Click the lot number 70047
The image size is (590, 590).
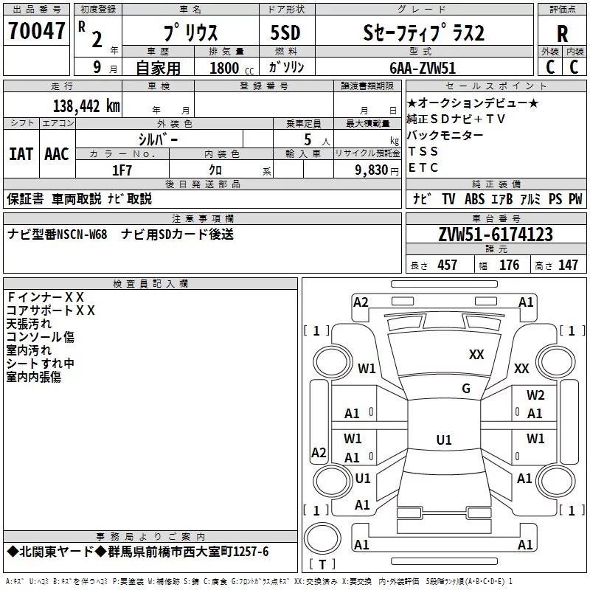(x=36, y=31)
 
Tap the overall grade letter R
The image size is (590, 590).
(x=562, y=34)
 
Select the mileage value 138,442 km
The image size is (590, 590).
(x=86, y=106)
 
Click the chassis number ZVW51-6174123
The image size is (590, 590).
(x=496, y=235)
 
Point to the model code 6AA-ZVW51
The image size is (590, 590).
(x=423, y=68)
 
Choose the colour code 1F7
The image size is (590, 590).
(x=122, y=170)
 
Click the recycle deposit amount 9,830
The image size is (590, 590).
(x=372, y=170)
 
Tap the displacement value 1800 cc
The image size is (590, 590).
(x=232, y=68)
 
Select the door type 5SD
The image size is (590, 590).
(x=285, y=32)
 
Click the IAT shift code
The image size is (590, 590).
(x=21, y=154)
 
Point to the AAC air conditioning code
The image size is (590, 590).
(x=57, y=154)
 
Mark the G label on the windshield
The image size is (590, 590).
(x=466, y=388)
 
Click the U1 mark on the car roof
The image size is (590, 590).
(x=444, y=440)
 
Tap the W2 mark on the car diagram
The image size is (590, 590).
(x=535, y=395)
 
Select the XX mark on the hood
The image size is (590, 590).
(x=476, y=354)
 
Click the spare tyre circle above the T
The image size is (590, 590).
(x=322, y=538)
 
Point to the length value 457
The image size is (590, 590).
(x=447, y=265)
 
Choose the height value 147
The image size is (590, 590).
(x=568, y=265)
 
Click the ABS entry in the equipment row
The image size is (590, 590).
(x=474, y=199)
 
